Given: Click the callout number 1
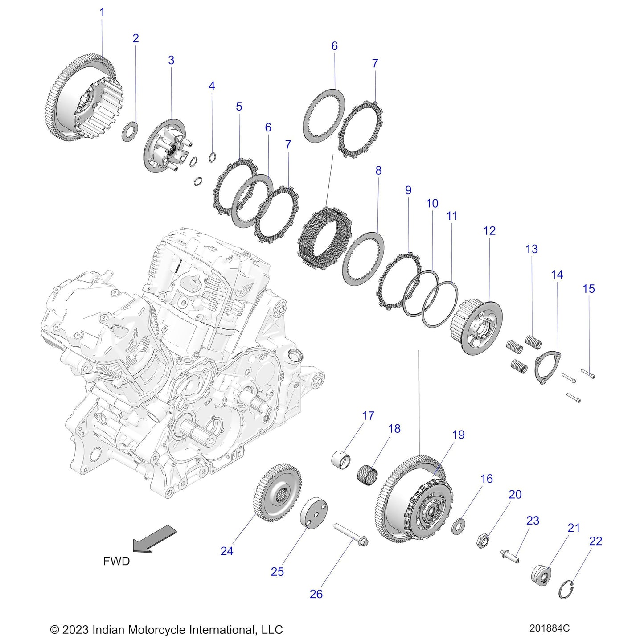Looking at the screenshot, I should point(102,12).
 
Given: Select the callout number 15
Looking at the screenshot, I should point(588,289).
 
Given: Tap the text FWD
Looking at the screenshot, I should point(116,561).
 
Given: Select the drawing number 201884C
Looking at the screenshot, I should point(549,628).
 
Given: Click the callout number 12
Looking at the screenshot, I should point(489,231).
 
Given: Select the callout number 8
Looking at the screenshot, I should point(378,170).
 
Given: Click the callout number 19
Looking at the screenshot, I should point(458,435).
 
